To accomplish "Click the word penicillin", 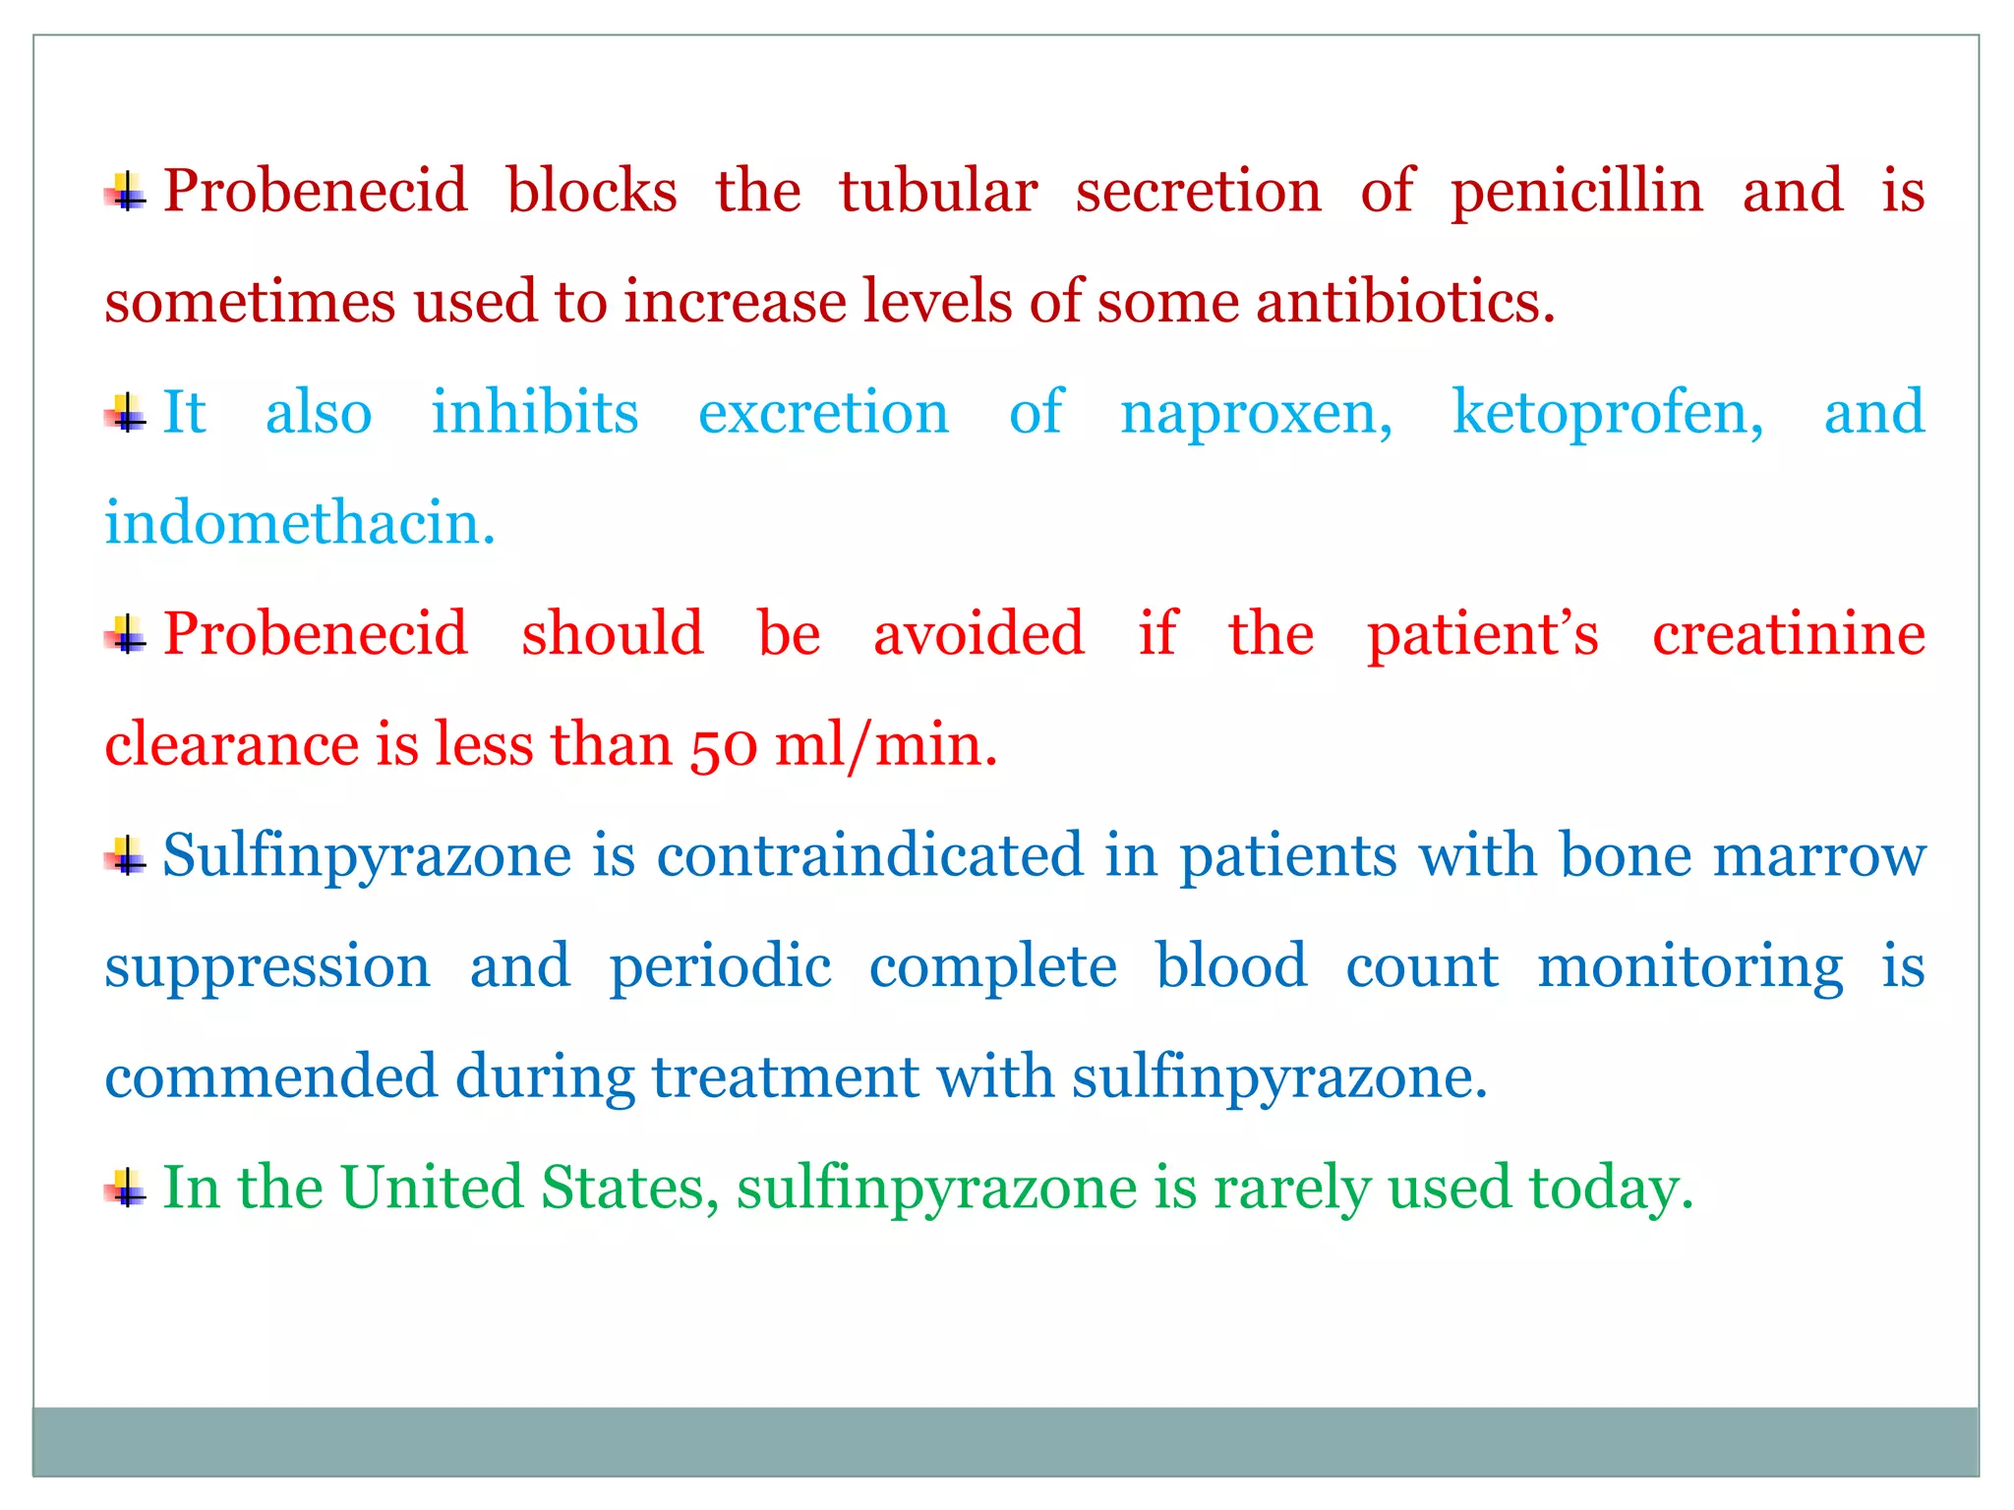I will pyautogui.click(x=1576, y=192).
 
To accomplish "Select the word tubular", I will pyautogui.click(x=937, y=192).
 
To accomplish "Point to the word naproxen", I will pyautogui.click(x=1256, y=413).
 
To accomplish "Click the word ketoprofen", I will pyautogui.click(x=1607, y=413).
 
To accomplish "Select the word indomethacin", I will pyautogui.click(x=299, y=523).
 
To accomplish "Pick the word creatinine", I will pyautogui.click(x=1788, y=634).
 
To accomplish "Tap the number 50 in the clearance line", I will pyautogui.click(x=724, y=745).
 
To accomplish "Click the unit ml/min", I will pyautogui.click(x=885, y=745).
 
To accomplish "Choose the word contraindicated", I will pyautogui.click(x=869, y=855).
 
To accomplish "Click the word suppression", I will pyautogui.click(x=267, y=967).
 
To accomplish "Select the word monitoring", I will pyautogui.click(x=1689, y=967).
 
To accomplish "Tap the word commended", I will pyautogui.click(x=270, y=1077).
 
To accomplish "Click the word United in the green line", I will pyautogui.click(x=432, y=1188).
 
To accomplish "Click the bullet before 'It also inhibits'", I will pyautogui.click(x=126, y=413).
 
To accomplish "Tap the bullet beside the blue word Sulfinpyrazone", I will pyautogui.click(x=126, y=855).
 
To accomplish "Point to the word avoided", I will pyautogui.click(x=978, y=634).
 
